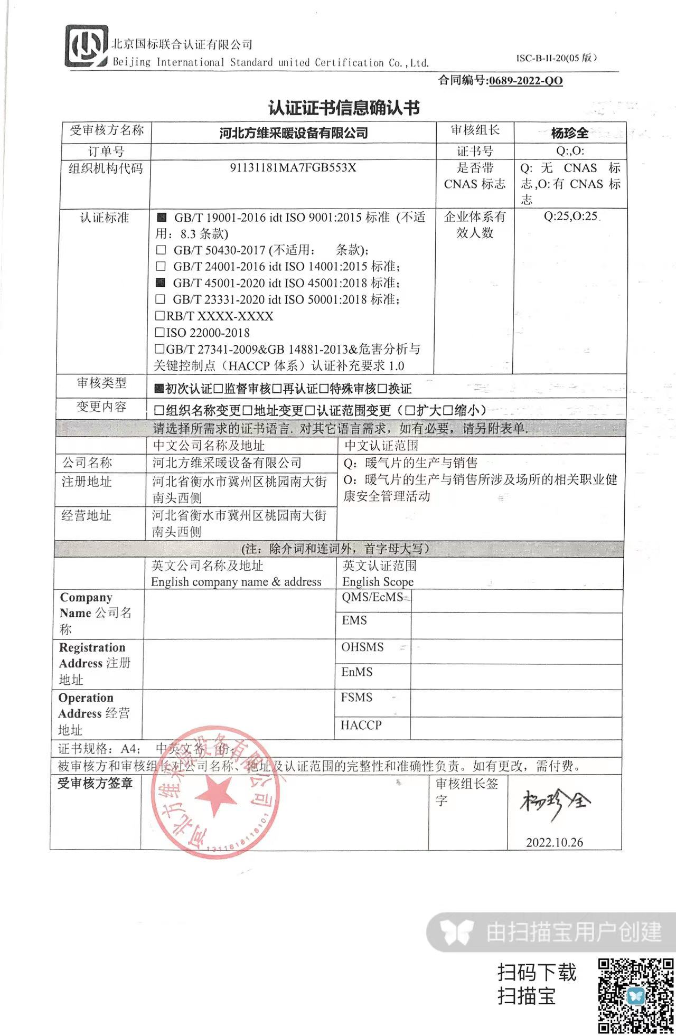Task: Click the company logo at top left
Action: pyautogui.click(x=86, y=46)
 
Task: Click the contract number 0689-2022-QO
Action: pyautogui.click(x=525, y=81)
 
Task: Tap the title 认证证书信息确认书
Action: pyautogui.click(x=344, y=108)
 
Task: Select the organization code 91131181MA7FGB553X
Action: pyautogui.click(x=293, y=168)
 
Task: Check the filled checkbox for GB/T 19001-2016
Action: pyautogui.click(x=162, y=217)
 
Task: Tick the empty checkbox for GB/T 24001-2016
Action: pyautogui.click(x=161, y=266)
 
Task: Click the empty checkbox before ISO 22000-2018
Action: pyautogui.click(x=159, y=333)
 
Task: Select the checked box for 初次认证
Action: pyautogui.click(x=159, y=389)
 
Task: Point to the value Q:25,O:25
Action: pyautogui.click(x=570, y=216)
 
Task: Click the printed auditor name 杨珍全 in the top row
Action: pyautogui.click(x=569, y=133)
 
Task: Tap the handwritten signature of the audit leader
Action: pyautogui.click(x=555, y=803)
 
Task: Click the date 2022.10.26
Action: pyautogui.click(x=555, y=842)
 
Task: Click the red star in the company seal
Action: pyautogui.click(x=215, y=795)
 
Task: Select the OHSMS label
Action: pyautogui.click(x=362, y=647)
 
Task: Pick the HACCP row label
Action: pyautogui.click(x=361, y=726)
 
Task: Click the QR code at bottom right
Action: pyautogui.click(x=636, y=996)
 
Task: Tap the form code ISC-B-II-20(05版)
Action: pyautogui.click(x=556, y=58)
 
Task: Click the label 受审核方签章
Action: pyautogui.click(x=95, y=784)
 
